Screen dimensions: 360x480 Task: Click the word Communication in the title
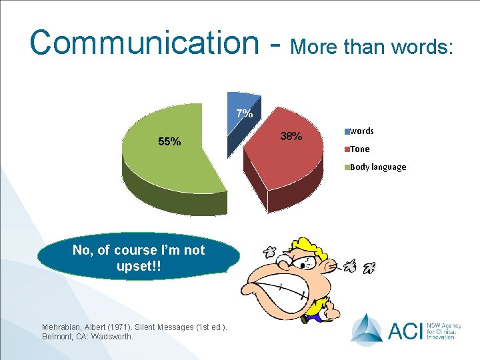point(144,42)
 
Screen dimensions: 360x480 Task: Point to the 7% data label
point(245,114)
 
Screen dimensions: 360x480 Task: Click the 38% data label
point(291,137)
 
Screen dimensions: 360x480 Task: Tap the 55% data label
point(169,141)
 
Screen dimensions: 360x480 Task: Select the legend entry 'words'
point(361,131)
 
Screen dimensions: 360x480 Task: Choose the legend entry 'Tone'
point(359,149)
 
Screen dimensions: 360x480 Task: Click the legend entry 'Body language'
point(377,167)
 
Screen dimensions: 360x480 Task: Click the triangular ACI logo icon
point(366,329)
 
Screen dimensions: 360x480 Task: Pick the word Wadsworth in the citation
point(110,337)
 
